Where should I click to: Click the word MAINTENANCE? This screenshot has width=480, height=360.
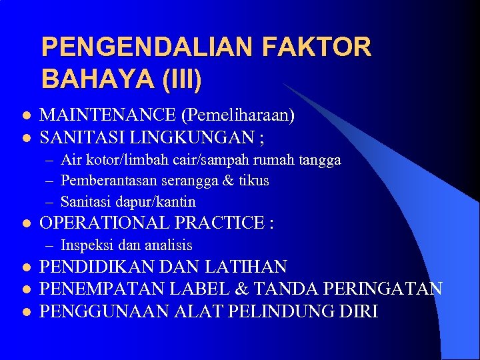108,116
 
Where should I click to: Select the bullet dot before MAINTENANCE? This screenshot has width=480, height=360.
25,117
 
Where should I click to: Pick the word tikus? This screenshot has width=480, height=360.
253,181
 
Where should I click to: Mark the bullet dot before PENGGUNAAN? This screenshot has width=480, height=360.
25,311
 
